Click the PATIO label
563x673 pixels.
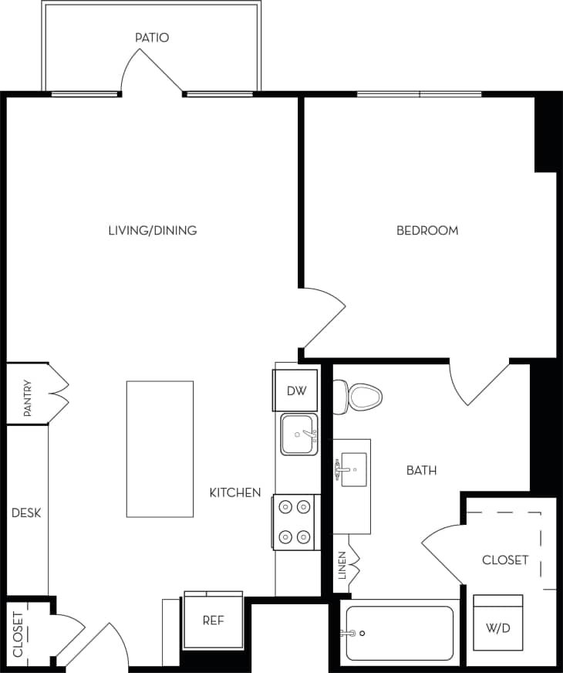(x=152, y=37)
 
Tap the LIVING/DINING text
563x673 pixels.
(x=152, y=230)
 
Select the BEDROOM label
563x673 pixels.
(x=426, y=230)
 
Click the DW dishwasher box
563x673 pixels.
(x=296, y=391)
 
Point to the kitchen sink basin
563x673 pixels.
(x=298, y=435)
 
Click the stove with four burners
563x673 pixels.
(x=295, y=522)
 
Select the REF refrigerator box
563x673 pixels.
(x=213, y=620)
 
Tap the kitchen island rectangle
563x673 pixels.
(x=160, y=448)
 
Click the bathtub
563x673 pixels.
(x=399, y=633)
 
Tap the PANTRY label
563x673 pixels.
(x=28, y=397)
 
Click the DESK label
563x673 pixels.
(x=25, y=512)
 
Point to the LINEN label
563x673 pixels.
(x=342, y=565)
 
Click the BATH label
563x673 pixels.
(x=422, y=469)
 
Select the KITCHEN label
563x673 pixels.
(x=235, y=492)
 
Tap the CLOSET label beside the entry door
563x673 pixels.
(x=18, y=634)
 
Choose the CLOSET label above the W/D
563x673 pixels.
(x=505, y=560)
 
